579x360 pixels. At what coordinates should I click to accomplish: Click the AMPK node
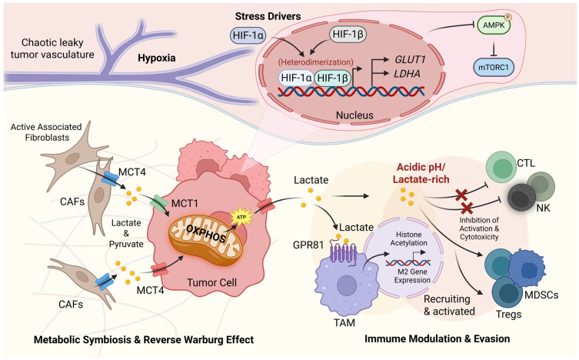point(494,25)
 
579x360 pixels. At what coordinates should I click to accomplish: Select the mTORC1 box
point(494,68)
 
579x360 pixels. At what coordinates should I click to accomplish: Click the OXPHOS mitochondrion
point(205,236)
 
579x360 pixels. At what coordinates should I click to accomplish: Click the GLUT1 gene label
point(411,59)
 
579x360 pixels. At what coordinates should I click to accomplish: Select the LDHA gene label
point(408,74)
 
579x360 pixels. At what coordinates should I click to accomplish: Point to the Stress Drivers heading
point(268,16)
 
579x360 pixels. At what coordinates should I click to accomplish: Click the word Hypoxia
point(157,58)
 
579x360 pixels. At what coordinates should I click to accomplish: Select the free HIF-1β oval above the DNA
point(348,35)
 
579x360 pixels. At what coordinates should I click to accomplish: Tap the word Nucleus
point(354,115)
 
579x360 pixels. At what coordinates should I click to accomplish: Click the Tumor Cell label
point(211,283)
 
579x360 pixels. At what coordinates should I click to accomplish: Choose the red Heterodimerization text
point(316,62)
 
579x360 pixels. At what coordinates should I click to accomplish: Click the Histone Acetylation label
point(409,238)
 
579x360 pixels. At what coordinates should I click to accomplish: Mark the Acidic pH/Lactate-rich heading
point(421,173)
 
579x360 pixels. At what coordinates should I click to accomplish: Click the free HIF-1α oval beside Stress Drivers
point(248,35)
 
